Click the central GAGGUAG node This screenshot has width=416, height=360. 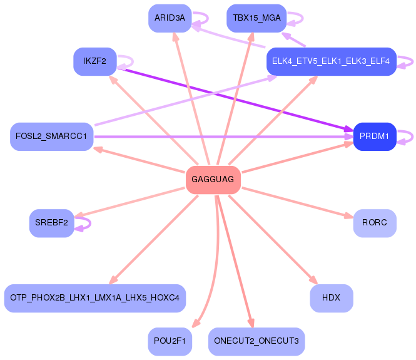pos(213,180)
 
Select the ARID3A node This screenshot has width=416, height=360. pos(170,18)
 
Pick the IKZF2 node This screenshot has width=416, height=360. pos(94,61)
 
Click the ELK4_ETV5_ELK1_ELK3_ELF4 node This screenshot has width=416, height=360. pos(331,61)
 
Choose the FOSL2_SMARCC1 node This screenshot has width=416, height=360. pos(51,136)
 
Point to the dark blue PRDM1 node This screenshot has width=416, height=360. pos(374,136)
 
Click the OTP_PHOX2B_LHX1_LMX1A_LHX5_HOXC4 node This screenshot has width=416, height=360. pos(94,298)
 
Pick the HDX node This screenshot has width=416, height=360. pos(331,298)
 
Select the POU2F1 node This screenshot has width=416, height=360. pos(170,341)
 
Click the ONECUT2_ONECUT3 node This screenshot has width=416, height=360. pos(256,341)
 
